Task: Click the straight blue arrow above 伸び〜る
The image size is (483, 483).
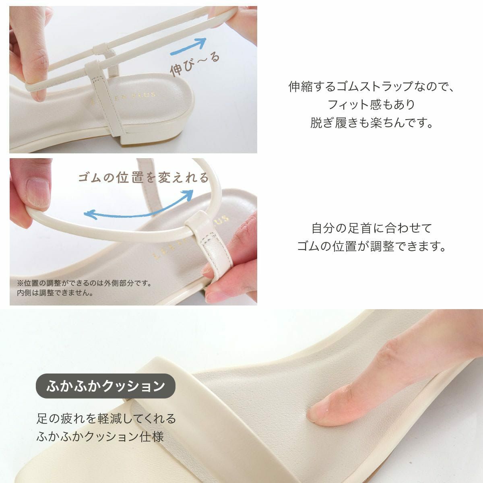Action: (x=188, y=46)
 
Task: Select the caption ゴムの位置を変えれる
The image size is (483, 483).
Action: (x=143, y=178)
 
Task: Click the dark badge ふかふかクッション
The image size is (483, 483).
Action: (x=105, y=386)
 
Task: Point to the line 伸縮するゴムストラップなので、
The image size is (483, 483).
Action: (x=371, y=87)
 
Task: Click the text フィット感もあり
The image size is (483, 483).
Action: (x=371, y=105)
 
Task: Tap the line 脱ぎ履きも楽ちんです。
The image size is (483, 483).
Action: (x=371, y=123)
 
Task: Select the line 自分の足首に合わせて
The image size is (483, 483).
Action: (x=371, y=228)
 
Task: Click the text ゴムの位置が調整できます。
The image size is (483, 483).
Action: (x=371, y=246)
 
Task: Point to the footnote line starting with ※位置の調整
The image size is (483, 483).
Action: (x=84, y=283)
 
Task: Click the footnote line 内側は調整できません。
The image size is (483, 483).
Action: (x=55, y=293)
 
